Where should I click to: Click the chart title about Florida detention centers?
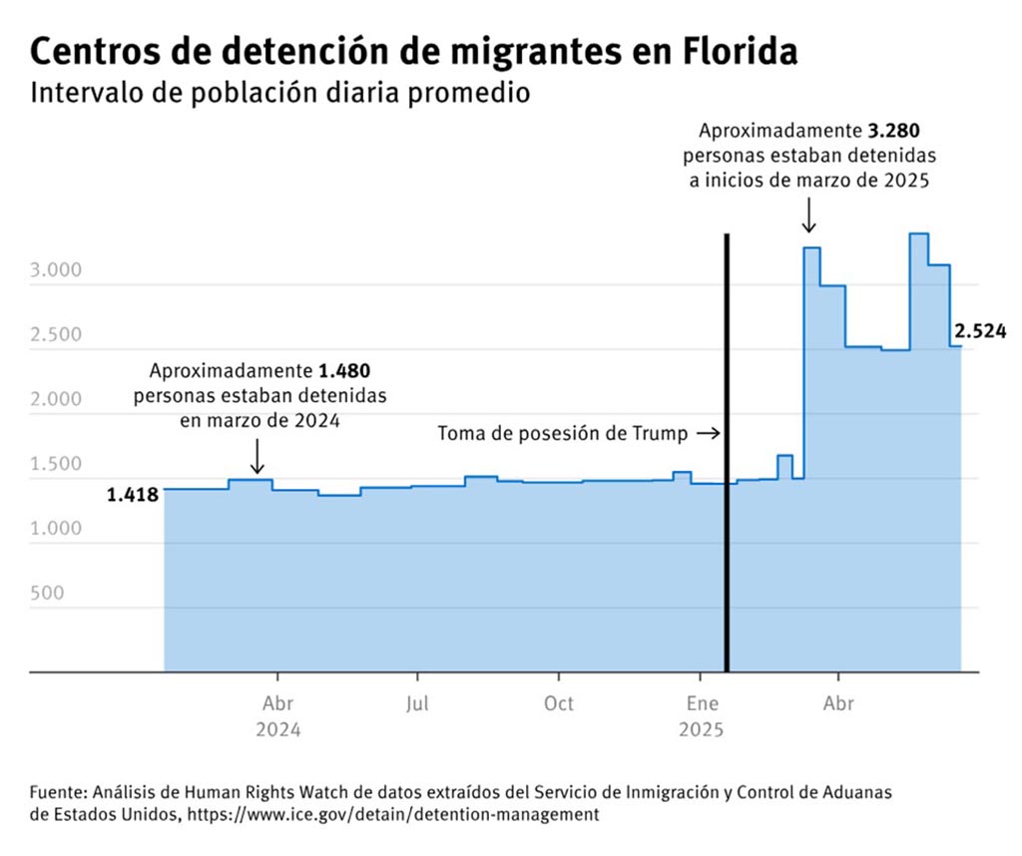tap(414, 52)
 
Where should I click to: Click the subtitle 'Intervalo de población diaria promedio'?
tap(279, 94)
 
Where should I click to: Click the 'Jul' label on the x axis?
tap(418, 704)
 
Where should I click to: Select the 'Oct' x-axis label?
tap(559, 704)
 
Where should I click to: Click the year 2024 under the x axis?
tap(278, 730)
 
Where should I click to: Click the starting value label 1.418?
tap(133, 493)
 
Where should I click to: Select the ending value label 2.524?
tap(980, 332)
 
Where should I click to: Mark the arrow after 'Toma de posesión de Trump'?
tap(707, 434)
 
